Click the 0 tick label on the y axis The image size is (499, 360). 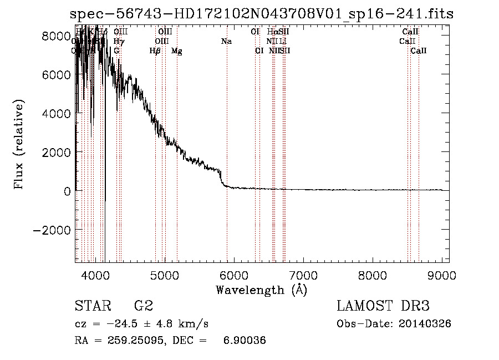pyautogui.click(x=66, y=191)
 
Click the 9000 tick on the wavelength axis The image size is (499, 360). pyautogui.click(x=441, y=275)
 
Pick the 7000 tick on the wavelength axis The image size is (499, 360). pyautogui.click(x=303, y=275)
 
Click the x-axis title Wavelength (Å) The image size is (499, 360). pyautogui.click(x=261, y=290)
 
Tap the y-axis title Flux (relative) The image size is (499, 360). pyautogui.click(x=19, y=145)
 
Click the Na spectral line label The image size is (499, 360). pyautogui.click(x=226, y=42)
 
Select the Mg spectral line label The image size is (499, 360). pyautogui.click(x=176, y=51)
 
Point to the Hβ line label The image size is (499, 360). pyautogui.click(x=155, y=51)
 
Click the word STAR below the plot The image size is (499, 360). pyautogui.click(x=92, y=306)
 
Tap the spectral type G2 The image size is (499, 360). pyautogui.click(x=144, y=306)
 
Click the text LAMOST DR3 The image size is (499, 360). pyautogui.click(x=383, y=306)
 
